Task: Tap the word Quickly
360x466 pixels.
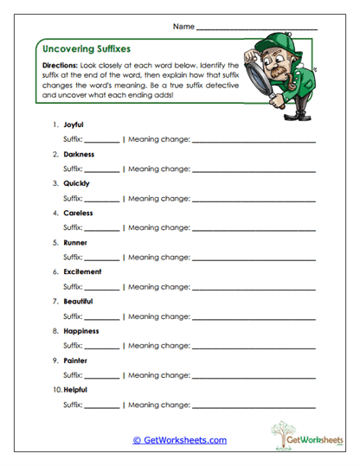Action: click(x=76, y=183)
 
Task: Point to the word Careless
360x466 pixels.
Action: click(x=78, y=213)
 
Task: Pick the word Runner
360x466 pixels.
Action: click(x=75, y=242)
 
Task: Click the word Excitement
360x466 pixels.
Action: click(x=82, y=271)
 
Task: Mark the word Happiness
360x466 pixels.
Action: click(x=80, y=330)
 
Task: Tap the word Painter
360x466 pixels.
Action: click(x=75, y=360)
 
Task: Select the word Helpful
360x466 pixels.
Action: click(x=76, y=389)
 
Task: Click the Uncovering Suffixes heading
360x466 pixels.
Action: click(x=86, y=49)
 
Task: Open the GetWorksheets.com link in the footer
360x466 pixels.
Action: click(x=180, y=440)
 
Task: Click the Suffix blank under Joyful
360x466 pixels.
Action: click(x=102, y=140)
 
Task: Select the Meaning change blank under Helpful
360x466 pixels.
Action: click(x=253, y=405)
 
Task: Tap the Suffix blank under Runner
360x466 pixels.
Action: click(x=102, y=258)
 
